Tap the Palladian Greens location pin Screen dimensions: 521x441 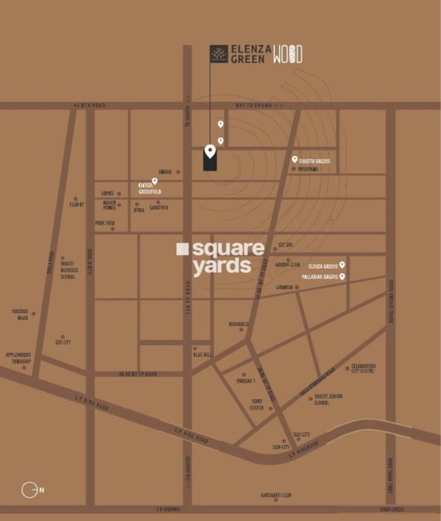pos(342,276)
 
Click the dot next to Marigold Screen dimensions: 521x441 pos(241,330)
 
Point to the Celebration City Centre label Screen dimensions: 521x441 pos(364,369)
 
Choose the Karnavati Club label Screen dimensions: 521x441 pos(276,495)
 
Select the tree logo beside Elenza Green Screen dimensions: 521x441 pos(219,54)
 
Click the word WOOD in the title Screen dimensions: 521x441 pos(288,54)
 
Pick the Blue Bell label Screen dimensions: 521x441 pos(203,355)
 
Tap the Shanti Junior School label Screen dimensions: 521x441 pos(328,400)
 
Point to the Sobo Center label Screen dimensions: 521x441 pos(257,405)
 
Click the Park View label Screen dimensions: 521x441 pos(105,223)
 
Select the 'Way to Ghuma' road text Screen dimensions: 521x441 pos(259,105)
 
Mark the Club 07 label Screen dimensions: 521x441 pos(77,204)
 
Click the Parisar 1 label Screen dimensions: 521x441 pos(246,381)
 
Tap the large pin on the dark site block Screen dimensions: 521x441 pos(210,151)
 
